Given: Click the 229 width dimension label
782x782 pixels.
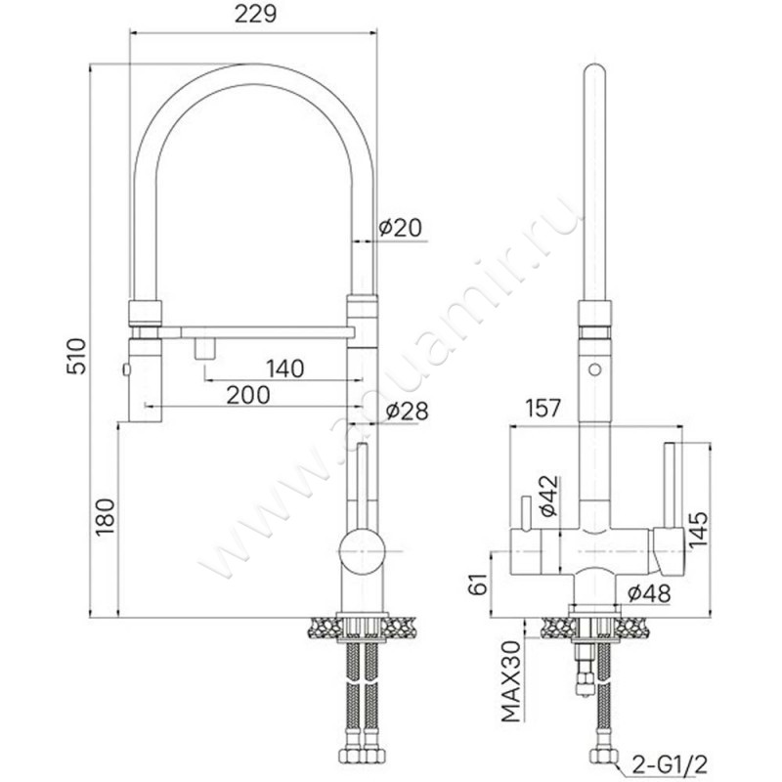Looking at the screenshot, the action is coord(255,15).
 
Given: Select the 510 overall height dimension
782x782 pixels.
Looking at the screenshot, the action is coord(77,356).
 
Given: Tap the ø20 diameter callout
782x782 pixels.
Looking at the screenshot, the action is coord(400,228).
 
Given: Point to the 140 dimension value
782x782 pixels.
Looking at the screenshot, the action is coord(284,369).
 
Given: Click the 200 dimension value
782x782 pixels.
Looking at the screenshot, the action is coord(248,396).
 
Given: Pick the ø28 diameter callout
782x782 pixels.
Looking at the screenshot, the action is coord(407,412).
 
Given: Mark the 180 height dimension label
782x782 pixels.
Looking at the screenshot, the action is coord(106,517).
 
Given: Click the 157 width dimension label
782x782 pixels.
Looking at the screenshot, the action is coord(543,408).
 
